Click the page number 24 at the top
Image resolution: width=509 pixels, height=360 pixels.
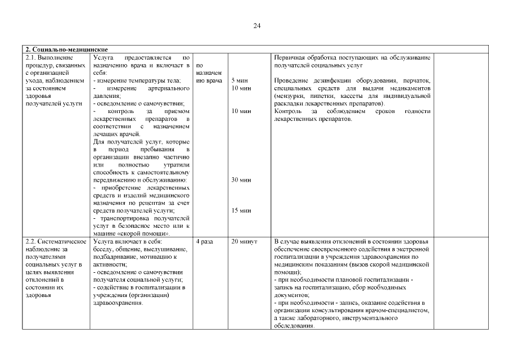point(256,26)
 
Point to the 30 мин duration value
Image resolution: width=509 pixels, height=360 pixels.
point(241,180)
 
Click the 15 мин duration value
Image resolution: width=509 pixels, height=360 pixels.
point(241,210)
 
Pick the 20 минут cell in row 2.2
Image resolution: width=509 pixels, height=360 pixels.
point(244,241)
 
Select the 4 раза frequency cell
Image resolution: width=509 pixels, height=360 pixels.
point(204,241)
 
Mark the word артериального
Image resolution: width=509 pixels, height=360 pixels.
point(168,88)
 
